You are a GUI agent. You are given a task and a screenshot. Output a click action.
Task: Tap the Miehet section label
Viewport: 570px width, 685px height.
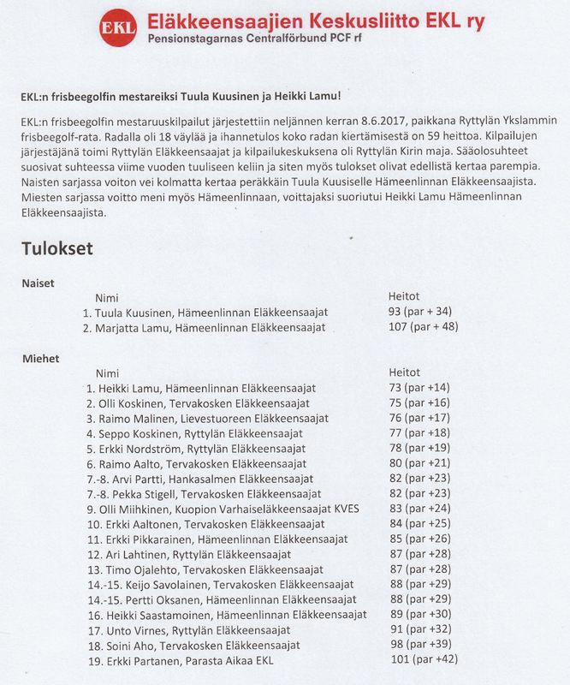40,358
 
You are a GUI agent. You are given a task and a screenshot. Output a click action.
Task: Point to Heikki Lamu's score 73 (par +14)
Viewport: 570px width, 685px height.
425,388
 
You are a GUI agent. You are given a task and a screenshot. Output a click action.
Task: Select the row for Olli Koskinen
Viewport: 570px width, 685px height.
205,403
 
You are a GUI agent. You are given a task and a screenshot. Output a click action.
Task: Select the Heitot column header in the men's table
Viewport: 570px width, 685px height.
405,372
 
